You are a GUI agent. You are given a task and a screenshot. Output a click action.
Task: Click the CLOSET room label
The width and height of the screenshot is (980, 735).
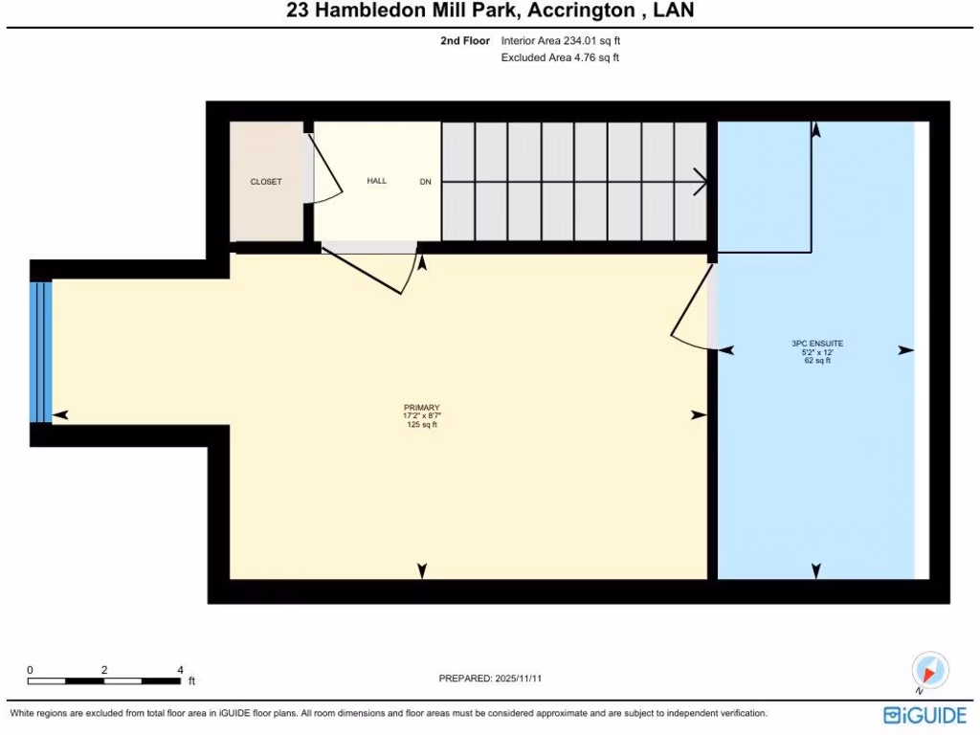click(266, 182)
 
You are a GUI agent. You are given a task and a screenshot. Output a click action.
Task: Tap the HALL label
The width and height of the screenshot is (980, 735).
click(377, 181)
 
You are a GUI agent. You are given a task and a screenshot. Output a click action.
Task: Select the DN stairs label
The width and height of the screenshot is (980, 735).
click(426, 182)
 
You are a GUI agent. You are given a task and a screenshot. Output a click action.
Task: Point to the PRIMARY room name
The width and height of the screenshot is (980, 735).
click(421, 408)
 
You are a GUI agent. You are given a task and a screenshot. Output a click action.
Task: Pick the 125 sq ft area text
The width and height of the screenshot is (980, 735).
click(421, 425)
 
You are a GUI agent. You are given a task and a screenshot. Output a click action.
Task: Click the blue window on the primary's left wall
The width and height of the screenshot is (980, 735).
click(39, 351)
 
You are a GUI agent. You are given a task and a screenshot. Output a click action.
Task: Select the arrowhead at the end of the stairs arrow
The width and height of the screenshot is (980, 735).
click(702, 182)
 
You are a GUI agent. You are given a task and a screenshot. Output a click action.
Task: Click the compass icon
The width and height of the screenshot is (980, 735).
click(929, 669)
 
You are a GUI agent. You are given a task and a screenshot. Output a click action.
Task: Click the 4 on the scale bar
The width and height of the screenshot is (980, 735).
click(180, 670)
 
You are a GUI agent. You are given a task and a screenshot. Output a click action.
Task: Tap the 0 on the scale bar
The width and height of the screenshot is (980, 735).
click(30, 670)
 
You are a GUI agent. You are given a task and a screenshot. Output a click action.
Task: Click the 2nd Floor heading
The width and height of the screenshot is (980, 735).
click(466, 41)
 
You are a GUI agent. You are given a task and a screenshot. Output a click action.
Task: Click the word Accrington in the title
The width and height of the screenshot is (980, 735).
click(568, 11)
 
